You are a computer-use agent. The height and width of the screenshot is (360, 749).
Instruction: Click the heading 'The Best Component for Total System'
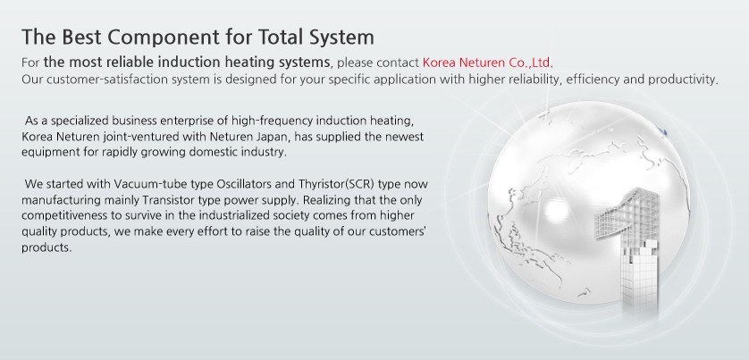pos(198,38)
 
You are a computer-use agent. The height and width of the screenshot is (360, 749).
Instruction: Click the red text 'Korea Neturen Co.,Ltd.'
pos(488,63)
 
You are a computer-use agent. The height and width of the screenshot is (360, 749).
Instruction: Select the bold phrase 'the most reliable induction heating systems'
pos(187,63)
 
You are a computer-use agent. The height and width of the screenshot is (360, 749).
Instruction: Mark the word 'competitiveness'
pos(55,216)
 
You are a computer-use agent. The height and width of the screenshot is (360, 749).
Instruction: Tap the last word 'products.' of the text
pos(46,248)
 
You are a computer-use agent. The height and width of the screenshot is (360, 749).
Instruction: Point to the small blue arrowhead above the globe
pos(663,130)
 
